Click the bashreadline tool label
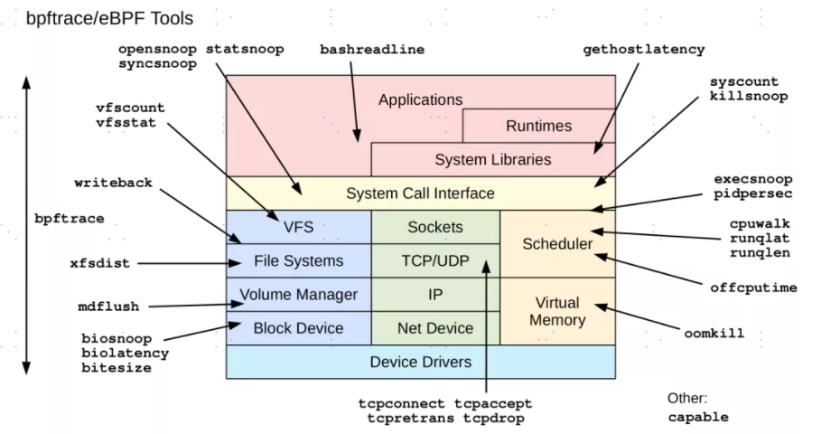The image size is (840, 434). (x=372, y=49)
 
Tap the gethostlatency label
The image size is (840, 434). (x=644, y=49)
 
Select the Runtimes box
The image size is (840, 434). (x=538, y=126)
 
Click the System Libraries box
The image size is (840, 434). (x=492, y=160)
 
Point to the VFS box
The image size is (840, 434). (x=298, y=227)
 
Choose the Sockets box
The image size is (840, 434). (x=435, y=227)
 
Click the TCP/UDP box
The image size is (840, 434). (x=435, y=261)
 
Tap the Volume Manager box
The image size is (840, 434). (x=298, y=295)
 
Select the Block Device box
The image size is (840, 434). (x=298, y=328)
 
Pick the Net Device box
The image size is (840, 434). (x=435, y=328)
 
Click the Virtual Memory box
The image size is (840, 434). (x=557, y=311)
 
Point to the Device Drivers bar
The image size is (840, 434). (x=421, y=362)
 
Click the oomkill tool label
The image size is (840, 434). (x=714, y=334)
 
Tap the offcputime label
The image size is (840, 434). (x=754, y=288)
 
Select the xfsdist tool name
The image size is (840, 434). (x=99, y=264)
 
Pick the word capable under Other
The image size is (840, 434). (x=698, y=418)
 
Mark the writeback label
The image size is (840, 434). (x=114, y=183)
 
